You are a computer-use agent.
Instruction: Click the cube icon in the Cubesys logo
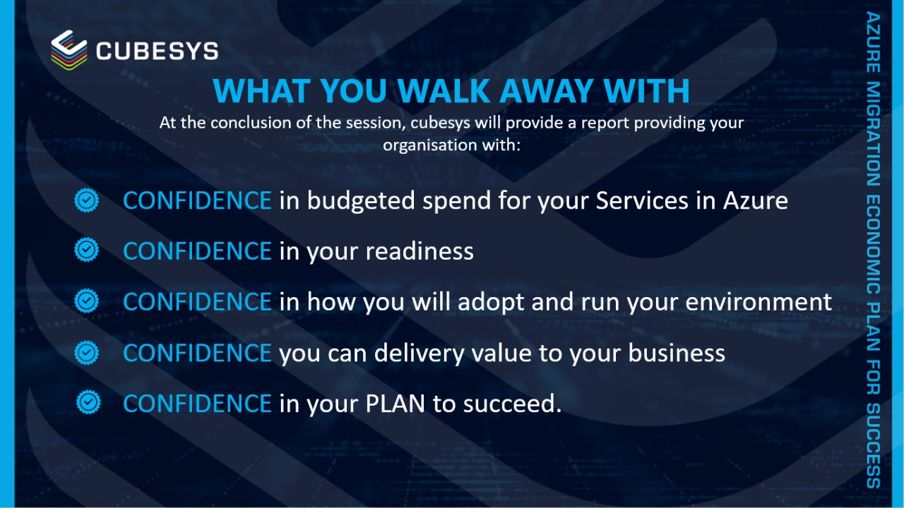(69, 49)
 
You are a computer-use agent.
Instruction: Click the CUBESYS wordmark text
(157, 52)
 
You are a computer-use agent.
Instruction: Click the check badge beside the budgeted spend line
(86, 200)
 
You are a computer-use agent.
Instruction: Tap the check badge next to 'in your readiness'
(86, 250)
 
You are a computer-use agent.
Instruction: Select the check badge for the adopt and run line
(86, 301)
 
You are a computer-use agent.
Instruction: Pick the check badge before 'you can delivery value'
(86, 353)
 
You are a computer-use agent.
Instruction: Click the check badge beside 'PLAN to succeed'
(88, 402)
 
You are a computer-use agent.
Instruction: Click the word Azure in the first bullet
(755, 200)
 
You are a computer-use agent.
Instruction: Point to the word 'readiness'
(420, 250)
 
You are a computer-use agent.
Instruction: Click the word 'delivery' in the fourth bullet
(420, 353)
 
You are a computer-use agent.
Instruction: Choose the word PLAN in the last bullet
(395, 404)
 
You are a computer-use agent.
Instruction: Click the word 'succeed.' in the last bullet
(512, 404)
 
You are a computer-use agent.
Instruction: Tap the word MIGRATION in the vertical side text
(874, 134)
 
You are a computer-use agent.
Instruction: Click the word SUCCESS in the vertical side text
(874, 445)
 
